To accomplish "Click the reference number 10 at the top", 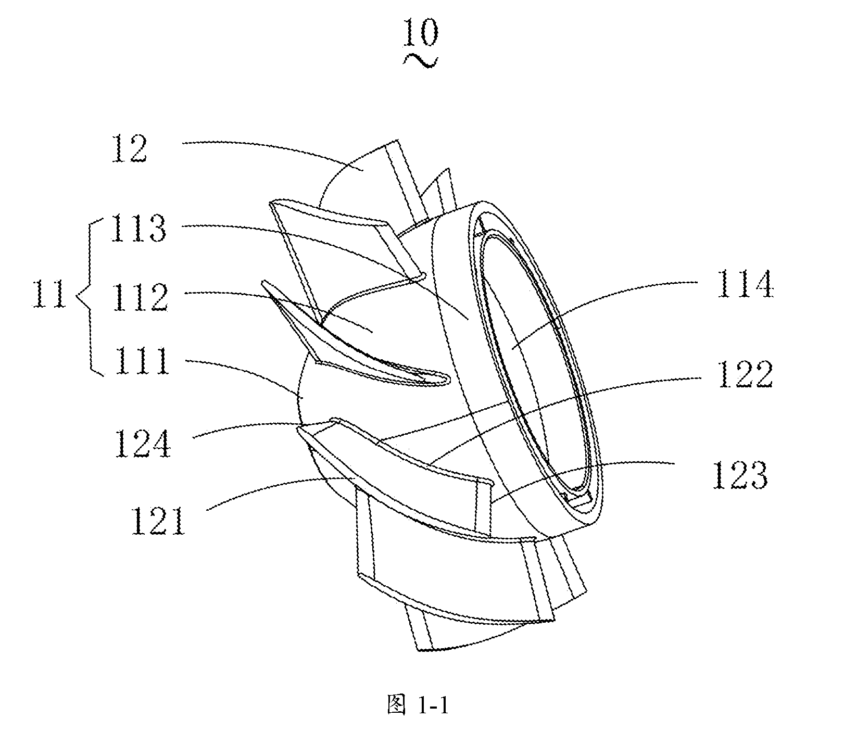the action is pos(421,35).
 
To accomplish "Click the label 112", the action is pos(139,295).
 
